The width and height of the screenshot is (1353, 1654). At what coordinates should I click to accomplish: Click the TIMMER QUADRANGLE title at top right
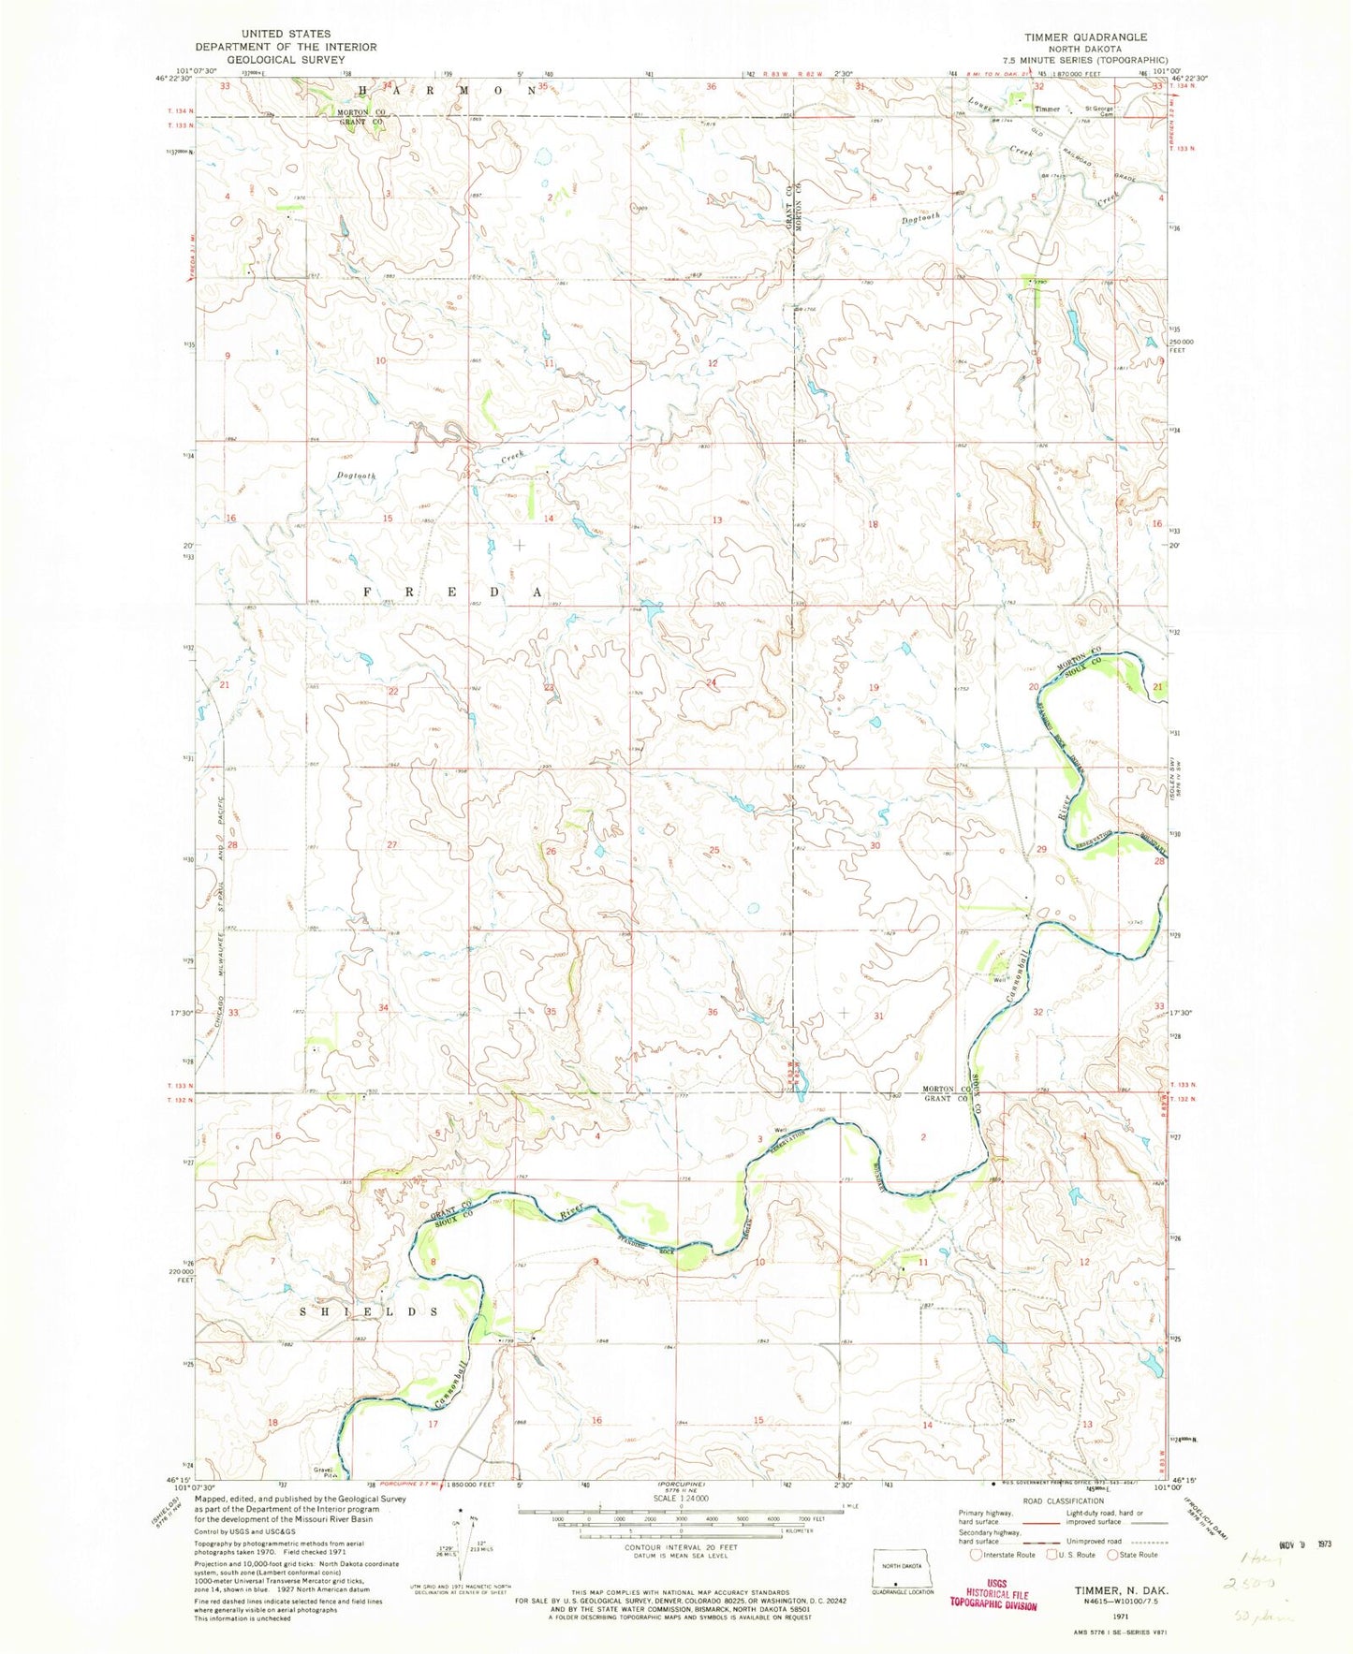point(1084,37)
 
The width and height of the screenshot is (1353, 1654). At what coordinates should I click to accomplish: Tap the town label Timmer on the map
point(1047,110)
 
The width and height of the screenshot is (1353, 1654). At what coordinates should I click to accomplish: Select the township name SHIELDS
point(368,1311)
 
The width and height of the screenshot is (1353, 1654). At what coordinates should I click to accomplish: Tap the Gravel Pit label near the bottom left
point(322,1474)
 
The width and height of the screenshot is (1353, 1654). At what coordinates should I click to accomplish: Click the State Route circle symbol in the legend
point(1113,1555)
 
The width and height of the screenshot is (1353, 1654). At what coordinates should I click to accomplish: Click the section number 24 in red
point(712,682)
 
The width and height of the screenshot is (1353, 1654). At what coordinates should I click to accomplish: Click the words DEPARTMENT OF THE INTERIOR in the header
point(286,47)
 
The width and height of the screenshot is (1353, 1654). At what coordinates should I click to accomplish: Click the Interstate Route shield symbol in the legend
point(977,1555)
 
